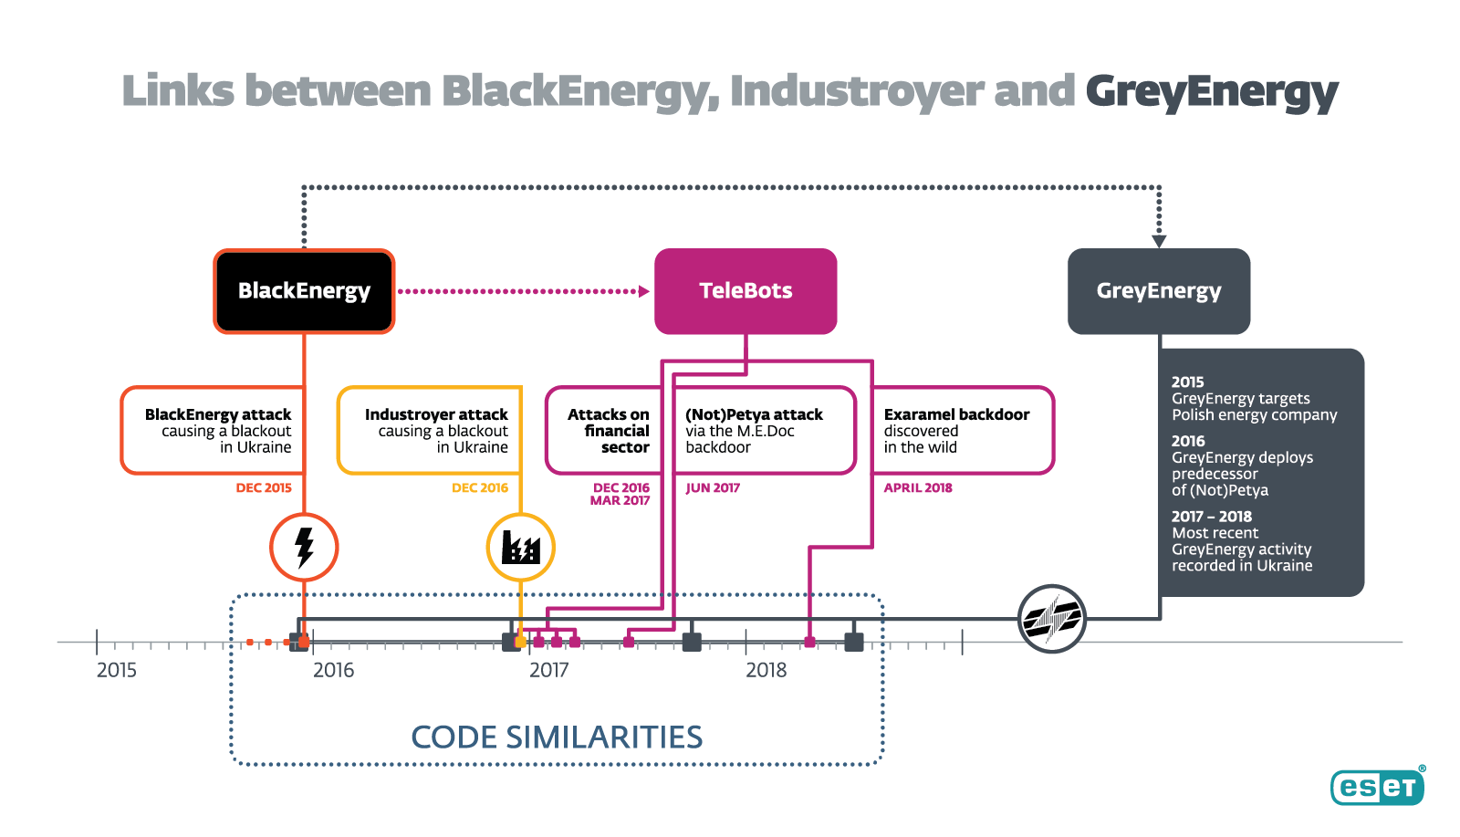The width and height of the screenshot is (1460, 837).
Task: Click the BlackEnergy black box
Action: point(304,291)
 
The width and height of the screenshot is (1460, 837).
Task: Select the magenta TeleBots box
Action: point(746,291)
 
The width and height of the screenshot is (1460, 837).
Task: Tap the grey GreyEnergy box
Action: point(1159,291)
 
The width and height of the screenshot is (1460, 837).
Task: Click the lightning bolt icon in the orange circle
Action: point(304,548)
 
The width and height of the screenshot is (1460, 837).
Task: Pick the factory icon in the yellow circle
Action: point(520,548)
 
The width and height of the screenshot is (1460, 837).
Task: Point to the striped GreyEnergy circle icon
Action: point(1052,619)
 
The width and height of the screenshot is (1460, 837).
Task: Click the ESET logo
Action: point(1377,787)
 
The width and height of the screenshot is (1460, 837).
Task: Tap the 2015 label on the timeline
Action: point(117,670)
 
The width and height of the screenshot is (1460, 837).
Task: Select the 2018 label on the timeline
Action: point(766,670)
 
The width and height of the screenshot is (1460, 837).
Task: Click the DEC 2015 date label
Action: point(264,488)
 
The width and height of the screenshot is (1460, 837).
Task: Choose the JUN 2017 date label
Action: point(713,488)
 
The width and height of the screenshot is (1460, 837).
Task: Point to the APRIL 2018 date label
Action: point(918,488)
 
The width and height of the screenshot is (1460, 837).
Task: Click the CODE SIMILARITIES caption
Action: point(557,738)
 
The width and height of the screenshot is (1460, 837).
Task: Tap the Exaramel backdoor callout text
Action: point(956,431)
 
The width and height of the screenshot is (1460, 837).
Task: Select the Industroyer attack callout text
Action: point(436,431)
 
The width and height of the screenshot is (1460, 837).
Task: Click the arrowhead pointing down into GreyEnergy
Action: point(1159,241)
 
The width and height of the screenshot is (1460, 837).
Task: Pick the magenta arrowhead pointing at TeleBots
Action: point(644,291)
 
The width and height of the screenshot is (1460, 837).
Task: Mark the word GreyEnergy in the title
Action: point(1212,92)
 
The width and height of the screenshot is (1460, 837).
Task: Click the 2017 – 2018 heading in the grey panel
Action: point(1212,517)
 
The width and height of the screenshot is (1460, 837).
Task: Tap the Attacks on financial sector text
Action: point(609,431)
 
